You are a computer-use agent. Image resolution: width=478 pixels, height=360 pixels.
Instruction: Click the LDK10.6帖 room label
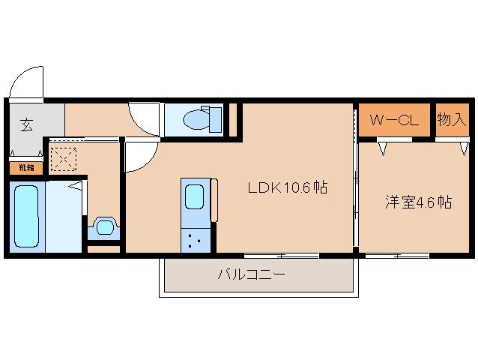[288, 187]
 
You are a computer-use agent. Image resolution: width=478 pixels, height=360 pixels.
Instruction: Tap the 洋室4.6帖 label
[418, 202]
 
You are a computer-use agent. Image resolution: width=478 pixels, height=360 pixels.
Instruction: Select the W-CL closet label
[394, 120]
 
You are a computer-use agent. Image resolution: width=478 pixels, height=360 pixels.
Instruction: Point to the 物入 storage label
[452, 119]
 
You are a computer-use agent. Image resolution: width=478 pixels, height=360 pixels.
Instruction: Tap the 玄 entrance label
[27, 124]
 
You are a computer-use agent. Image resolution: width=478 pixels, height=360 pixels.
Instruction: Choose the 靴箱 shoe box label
[26, 167]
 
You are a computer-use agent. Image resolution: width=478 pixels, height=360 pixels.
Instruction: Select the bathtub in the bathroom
[27, 216]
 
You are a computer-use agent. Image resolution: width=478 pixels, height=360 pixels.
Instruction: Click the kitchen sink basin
[195, 196]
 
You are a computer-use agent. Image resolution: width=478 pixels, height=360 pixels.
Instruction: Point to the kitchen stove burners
[195, 240]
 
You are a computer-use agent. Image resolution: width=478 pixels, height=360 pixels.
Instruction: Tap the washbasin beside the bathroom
[105, 227]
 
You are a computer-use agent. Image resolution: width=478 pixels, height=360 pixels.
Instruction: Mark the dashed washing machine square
[64, 159]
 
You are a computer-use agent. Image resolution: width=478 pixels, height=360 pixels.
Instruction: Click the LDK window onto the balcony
[282, 255]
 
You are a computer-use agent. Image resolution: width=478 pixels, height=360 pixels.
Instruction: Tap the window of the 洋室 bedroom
[397, 255]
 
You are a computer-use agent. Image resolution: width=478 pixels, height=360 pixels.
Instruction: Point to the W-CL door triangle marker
[383, 148]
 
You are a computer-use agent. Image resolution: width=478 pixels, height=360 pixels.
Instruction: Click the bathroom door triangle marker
[76, 185]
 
